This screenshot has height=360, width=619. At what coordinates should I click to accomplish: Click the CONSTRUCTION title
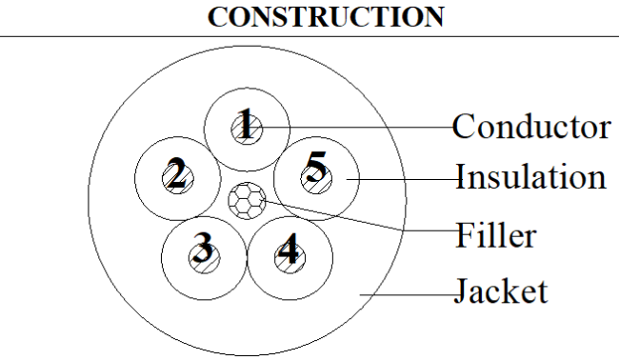326,16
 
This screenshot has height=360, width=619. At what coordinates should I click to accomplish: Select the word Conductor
531,127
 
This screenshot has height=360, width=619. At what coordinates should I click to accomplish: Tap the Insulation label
530,177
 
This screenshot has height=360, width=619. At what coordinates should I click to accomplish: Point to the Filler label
496,234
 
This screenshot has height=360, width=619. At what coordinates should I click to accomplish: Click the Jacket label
501,290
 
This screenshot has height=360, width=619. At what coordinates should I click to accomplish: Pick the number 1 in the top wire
247,123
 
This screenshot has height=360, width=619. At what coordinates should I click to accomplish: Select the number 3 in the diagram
203,248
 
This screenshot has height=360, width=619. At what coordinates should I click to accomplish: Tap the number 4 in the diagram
289,248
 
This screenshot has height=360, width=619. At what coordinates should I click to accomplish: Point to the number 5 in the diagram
316,167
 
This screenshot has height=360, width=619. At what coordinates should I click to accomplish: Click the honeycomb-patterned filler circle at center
248,201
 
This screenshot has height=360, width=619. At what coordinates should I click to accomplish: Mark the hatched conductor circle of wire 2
178,178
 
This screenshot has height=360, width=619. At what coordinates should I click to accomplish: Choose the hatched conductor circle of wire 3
204,258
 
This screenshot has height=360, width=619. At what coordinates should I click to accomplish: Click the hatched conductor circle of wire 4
290,258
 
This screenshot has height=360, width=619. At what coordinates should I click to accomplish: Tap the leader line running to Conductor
355,127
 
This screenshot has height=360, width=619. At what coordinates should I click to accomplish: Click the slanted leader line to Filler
361,216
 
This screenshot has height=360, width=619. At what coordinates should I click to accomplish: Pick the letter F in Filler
465,234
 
